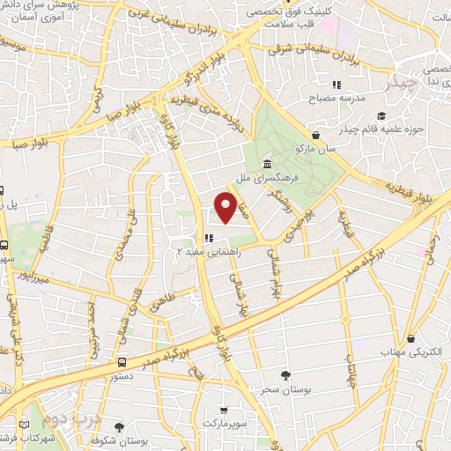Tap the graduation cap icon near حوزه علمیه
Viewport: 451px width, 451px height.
(x=380, y=115)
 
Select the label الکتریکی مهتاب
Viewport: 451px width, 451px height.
(x=410, y=351)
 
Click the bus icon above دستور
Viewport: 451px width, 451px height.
(x=121, y=361)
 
